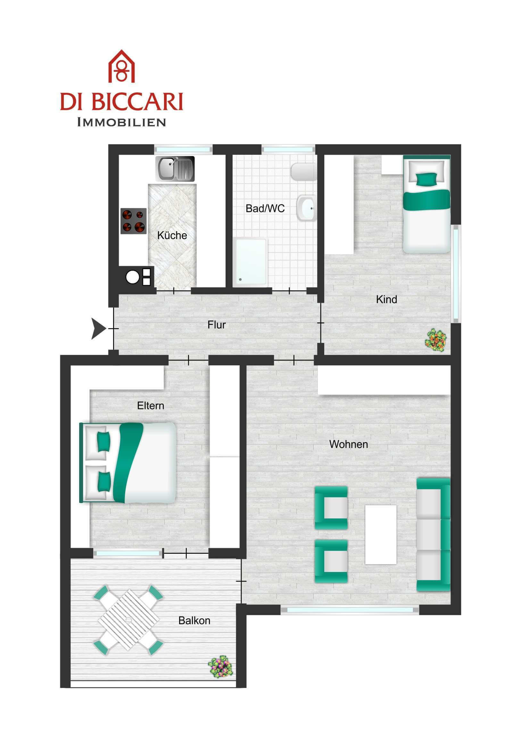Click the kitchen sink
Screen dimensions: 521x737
[x=175, y=169]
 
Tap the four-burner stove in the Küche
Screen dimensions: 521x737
[x=134, y=221]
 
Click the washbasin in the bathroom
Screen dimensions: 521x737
[x=306, y=208]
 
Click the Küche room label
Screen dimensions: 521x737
[x=172, y=236]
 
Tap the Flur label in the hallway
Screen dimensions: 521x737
[x=216, y=325]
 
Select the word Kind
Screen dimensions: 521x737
[x=386, y=300]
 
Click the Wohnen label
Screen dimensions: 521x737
[x=349, y=444]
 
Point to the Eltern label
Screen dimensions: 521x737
[x=151, y=406]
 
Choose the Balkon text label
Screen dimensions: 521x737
[x=194, y=620]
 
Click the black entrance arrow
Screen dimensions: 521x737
[x=99, y=328]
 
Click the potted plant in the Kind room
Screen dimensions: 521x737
[x=436, y=340]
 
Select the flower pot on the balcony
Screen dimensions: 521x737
[x=220, y=667]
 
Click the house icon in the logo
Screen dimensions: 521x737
[x=121, y=66]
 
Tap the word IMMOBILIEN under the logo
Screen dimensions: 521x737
[x=121, y=122]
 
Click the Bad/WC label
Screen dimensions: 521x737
[x=265, y=209]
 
